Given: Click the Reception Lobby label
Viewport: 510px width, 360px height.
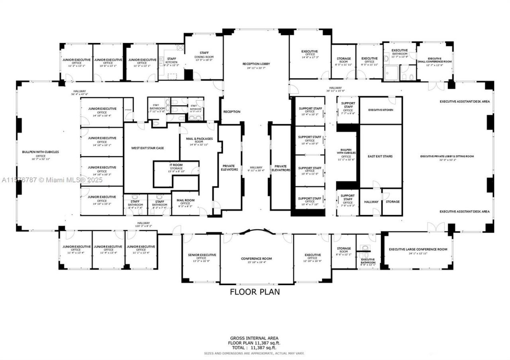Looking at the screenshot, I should point(256,64).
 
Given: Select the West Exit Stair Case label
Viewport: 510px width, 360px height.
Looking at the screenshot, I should point(147,148).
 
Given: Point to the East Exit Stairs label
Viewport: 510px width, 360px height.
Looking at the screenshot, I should point(380,157).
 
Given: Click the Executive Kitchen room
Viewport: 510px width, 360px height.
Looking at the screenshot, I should point(381,110).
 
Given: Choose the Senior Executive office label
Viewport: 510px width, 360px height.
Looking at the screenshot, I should point(202,256).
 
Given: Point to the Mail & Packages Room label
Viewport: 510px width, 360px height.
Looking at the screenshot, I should point(199,140).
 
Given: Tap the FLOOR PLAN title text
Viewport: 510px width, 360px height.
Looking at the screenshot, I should point(255,292).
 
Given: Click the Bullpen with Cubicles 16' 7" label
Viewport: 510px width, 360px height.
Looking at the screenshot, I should point(41,154).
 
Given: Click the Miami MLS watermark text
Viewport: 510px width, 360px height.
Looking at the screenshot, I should point(52,180).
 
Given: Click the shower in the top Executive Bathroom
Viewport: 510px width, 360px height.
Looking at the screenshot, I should point(392,73).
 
